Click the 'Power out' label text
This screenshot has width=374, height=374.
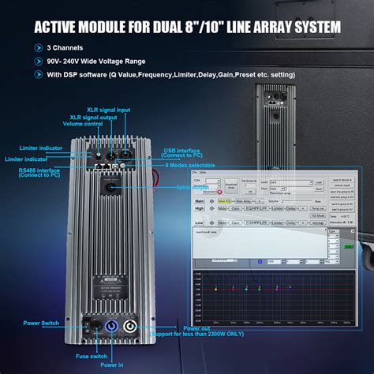click(x=197, y=328)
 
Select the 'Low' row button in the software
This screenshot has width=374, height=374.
click(x=200, y=223)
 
